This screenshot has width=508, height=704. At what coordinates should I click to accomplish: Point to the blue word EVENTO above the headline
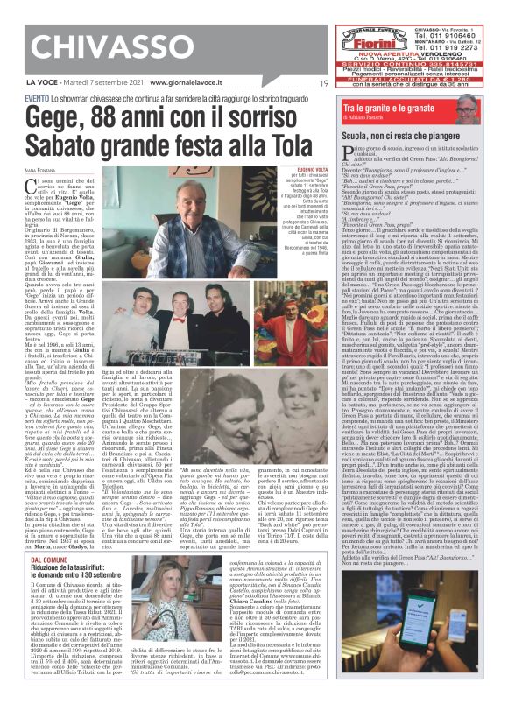[x=37, y=97]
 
